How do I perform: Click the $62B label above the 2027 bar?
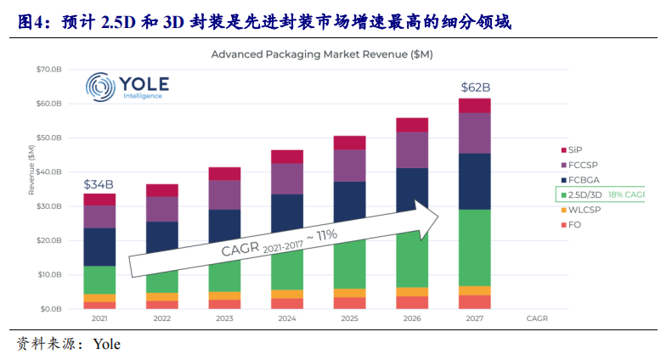[x=475, y=87]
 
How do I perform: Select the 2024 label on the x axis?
[x=287, y=320]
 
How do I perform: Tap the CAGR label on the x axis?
[x=537, y=320]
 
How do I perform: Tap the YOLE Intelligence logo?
[x=128, y=86]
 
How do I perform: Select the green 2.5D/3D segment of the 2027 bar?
[x=475, y=247]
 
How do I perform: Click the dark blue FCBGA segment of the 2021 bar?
[x=99, y=246]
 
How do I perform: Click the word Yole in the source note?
[x=107, y=344]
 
